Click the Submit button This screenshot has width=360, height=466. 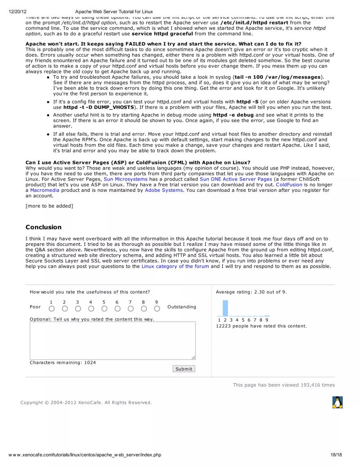(x=184, y=369)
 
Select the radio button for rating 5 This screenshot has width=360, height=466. (x=104, y=309)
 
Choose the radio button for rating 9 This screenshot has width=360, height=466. (x=157, y=309)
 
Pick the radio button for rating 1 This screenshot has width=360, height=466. (x=52, y=309)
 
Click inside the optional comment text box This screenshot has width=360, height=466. (x=112, y=340)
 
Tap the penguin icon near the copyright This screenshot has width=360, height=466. (x=337, y=402)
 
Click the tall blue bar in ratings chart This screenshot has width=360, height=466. (x=225, y=308)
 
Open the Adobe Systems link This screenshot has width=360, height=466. (x=164, y=190)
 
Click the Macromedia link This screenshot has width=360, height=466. (x=45, y=190)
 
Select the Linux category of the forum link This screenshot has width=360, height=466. (x=175, y=267)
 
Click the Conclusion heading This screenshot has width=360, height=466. (x=44, y=227)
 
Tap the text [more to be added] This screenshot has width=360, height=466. (x=49, y=206)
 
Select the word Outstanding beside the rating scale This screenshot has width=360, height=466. (x=182, y=307)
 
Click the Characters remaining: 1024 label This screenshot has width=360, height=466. (x=63, y=362)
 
